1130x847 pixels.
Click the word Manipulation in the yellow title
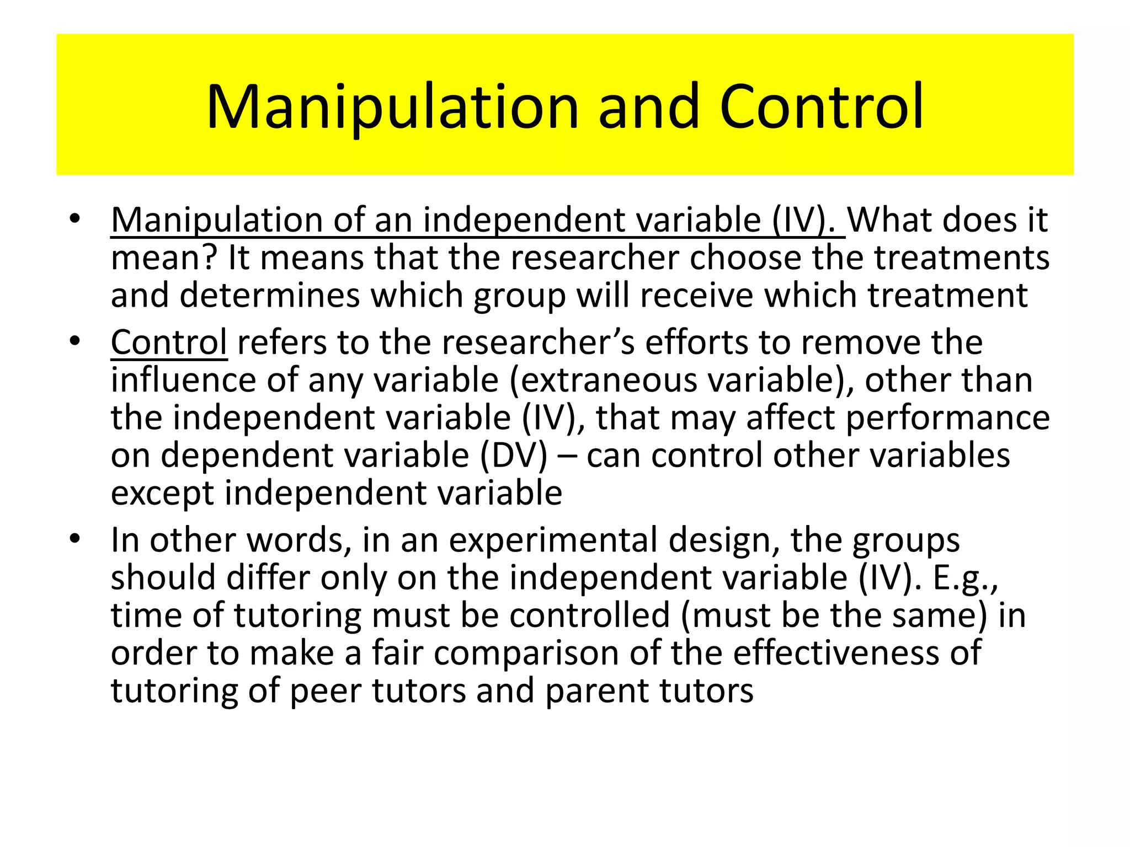pos(392,108)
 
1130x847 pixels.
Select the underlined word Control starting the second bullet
pos(169,342)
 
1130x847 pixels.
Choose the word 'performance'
pos(947,418)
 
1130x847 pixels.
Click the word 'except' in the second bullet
pos(162,493)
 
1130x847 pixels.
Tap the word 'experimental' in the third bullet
pos(553,540)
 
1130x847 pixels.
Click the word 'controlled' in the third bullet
pos(589,615)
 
